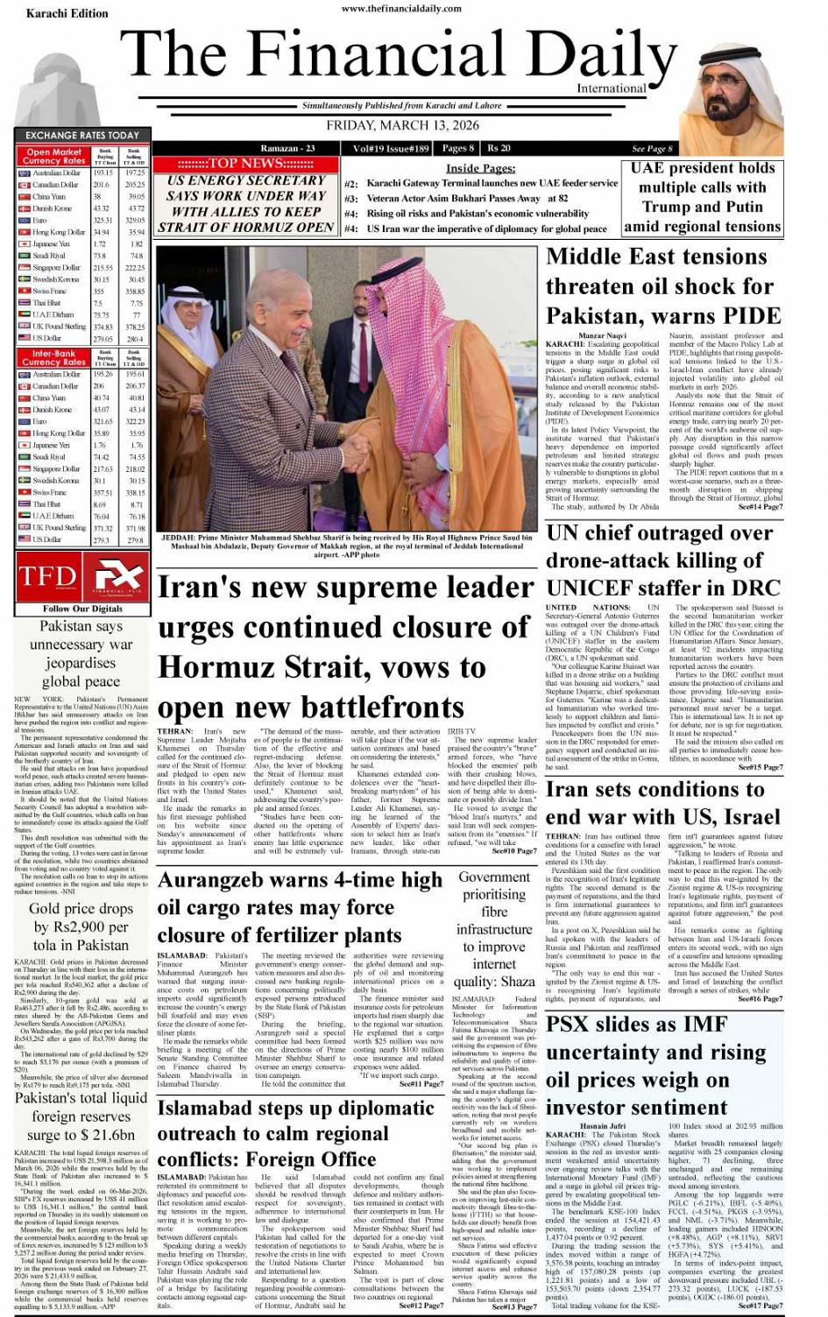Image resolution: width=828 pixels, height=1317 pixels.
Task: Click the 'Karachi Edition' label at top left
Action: (x=67, y=14)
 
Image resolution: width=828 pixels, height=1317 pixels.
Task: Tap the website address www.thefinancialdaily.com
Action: (x=401, y=9)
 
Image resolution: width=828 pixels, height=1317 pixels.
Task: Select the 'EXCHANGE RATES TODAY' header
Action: (x=82, y=136)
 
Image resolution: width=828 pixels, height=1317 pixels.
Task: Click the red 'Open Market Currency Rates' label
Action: (x=54, y=157)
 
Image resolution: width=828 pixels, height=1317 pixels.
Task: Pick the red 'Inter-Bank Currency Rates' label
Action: (x=54, y=358)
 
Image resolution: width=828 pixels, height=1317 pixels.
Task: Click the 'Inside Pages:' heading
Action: (x=480, y=168)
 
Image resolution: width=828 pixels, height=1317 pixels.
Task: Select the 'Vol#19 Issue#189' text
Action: (x=391, y=148)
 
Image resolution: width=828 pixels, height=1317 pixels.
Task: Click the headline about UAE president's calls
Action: (x=703, y=197)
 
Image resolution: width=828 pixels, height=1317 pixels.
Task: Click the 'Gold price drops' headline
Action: (x=81, y=926)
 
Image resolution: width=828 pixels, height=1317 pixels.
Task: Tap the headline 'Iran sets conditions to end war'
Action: (x=662, y=802)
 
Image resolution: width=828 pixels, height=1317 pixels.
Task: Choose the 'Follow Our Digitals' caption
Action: (x=82, y=609)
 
